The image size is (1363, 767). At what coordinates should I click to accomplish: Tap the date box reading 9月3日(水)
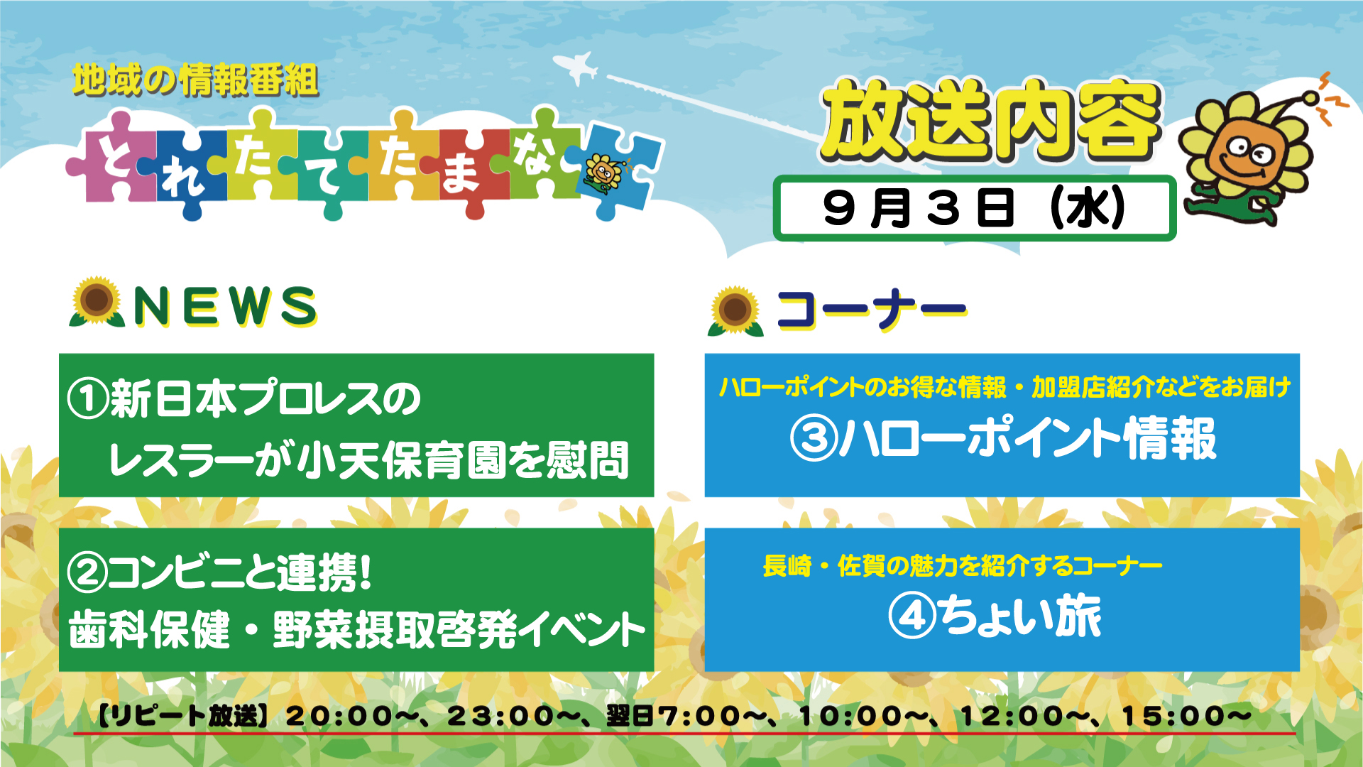(974, 208)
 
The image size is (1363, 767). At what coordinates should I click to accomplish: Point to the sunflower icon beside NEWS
(97, 302)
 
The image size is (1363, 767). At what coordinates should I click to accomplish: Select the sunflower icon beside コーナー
(735, 311)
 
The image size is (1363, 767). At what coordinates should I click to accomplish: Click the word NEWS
(225, 307)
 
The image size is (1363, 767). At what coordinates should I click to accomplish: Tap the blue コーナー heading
(872, 310)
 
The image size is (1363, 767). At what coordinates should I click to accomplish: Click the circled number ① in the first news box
(88, 399)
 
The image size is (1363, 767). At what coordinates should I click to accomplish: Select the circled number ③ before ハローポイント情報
(814, 438)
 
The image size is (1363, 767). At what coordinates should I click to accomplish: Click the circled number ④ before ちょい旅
(912, 616)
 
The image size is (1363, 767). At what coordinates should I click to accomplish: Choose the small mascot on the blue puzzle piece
(603, 174)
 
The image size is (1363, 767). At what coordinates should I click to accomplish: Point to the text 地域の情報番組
(195, 80)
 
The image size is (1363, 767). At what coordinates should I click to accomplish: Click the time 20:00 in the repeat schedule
(339, 716)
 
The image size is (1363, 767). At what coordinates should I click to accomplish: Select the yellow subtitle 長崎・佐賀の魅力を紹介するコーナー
(962, 566)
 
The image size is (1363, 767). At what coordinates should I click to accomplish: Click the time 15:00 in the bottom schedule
(1176, 716)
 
